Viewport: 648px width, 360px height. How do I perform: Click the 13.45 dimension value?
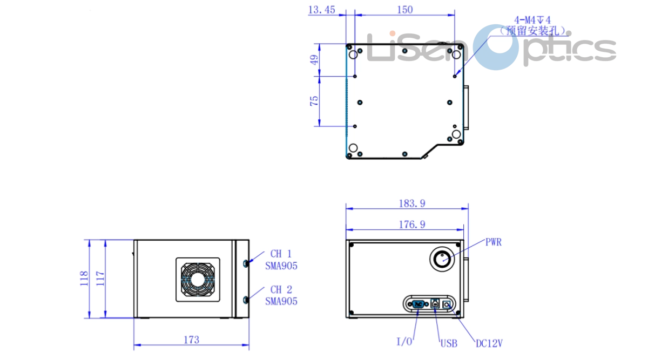click(x=321, y=9)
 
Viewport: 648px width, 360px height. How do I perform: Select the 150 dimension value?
click(x=404, y=9)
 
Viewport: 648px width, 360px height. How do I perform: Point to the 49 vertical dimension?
click(x=314, y=59)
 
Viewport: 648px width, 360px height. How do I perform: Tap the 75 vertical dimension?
click(x=314, y=101)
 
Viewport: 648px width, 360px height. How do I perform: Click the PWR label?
click(x=494, y=242)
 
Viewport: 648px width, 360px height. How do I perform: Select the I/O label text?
click(x=404, y=342)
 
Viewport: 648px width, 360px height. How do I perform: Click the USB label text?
click(x=449, y=343)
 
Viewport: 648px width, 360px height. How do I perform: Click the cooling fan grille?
click(x=198, y=280)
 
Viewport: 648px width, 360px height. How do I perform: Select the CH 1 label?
click(x=281, y=254)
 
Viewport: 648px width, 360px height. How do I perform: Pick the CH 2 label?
click(x=281, y=290)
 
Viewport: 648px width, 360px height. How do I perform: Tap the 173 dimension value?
click(x=191, y=339)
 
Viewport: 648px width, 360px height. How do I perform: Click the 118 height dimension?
click(x=84, y=278)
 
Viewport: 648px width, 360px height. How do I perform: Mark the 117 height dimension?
click(x=100, y=278)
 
